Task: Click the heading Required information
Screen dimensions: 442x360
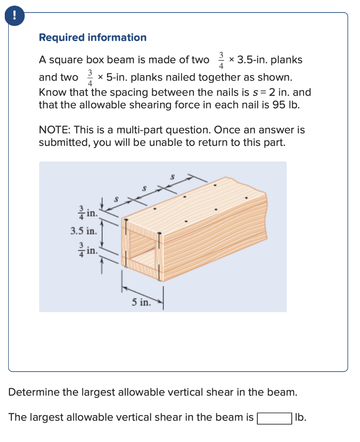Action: click(x=92, y=38)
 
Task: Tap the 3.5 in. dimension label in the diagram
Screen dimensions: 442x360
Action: click(x=84, y=231)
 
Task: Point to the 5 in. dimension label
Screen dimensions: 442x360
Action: click(x=141, y=303)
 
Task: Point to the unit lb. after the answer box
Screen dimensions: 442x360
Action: click(x=301, y=417)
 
